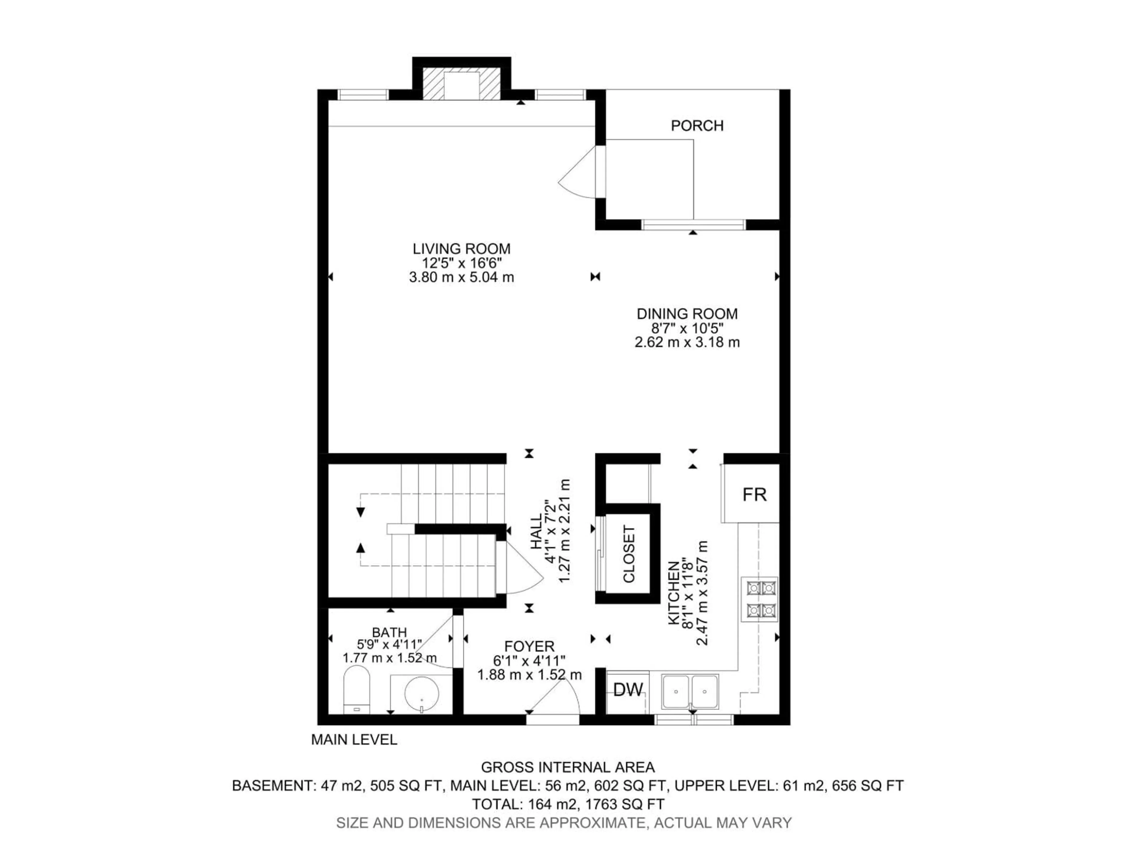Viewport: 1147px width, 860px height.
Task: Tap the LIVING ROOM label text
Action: click(461, 249)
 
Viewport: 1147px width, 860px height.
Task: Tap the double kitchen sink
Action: click(690, 692)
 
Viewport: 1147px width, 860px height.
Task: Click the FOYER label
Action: click(529, 646)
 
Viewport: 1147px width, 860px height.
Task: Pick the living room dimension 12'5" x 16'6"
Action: click(461, 263)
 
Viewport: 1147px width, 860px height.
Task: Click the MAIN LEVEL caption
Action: click(354, 740)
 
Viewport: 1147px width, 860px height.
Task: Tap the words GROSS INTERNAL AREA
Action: click(568, 767)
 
